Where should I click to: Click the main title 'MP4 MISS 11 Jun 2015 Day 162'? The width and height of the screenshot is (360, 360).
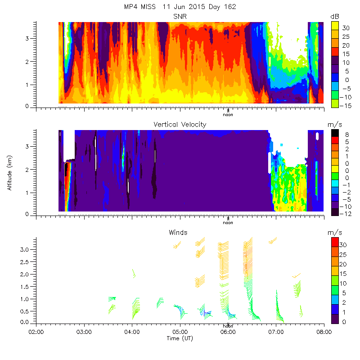click(180, 7)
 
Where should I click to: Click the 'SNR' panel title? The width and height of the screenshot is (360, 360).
click(180, 16)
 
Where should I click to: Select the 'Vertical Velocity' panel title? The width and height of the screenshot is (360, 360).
click(180, 125)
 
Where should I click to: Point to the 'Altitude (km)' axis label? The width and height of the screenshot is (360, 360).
click(9, 173)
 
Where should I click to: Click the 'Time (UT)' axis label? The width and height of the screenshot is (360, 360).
click(180, 338)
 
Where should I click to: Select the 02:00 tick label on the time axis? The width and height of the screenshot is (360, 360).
click(36, 332)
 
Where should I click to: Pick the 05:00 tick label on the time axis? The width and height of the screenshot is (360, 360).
click(180, 332)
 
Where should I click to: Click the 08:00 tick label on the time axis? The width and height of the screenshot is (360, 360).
click(324, 332)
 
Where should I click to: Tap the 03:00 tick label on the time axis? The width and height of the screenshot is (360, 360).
click(84, 332)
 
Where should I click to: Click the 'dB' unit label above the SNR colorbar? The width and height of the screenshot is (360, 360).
click(335, 16)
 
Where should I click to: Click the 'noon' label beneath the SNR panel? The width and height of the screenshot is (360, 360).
click(228, 114)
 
